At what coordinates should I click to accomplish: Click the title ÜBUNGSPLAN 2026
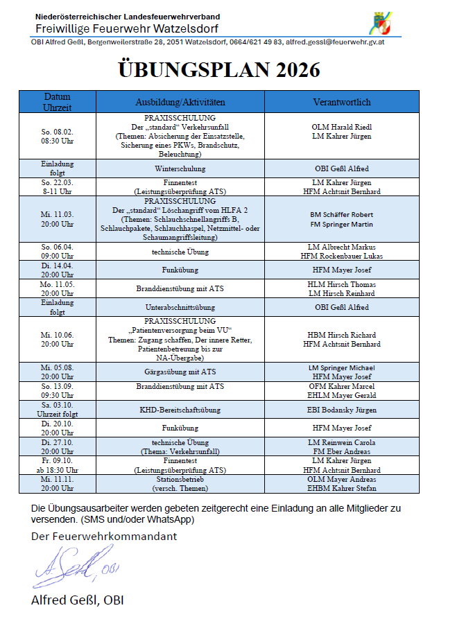(220, 70)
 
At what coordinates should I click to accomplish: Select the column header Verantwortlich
(342, 102)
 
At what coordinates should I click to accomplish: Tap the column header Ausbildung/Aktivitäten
(180, 102)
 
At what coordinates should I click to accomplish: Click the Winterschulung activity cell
(180, 168)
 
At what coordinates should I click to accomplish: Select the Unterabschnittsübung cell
(180, 307)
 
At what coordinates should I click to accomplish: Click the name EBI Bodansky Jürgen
(342, 409)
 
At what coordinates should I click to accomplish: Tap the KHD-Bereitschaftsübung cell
(180, 409)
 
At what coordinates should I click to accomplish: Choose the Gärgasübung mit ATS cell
(180, 372)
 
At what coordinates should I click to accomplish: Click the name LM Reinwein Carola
(342, 442)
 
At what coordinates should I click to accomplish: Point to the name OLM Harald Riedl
(342, 127)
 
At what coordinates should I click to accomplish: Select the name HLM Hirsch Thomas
(342, 284)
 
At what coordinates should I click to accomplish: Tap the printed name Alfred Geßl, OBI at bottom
(77, 600)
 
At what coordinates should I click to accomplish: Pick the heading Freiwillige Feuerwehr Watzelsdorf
(127, 28)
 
